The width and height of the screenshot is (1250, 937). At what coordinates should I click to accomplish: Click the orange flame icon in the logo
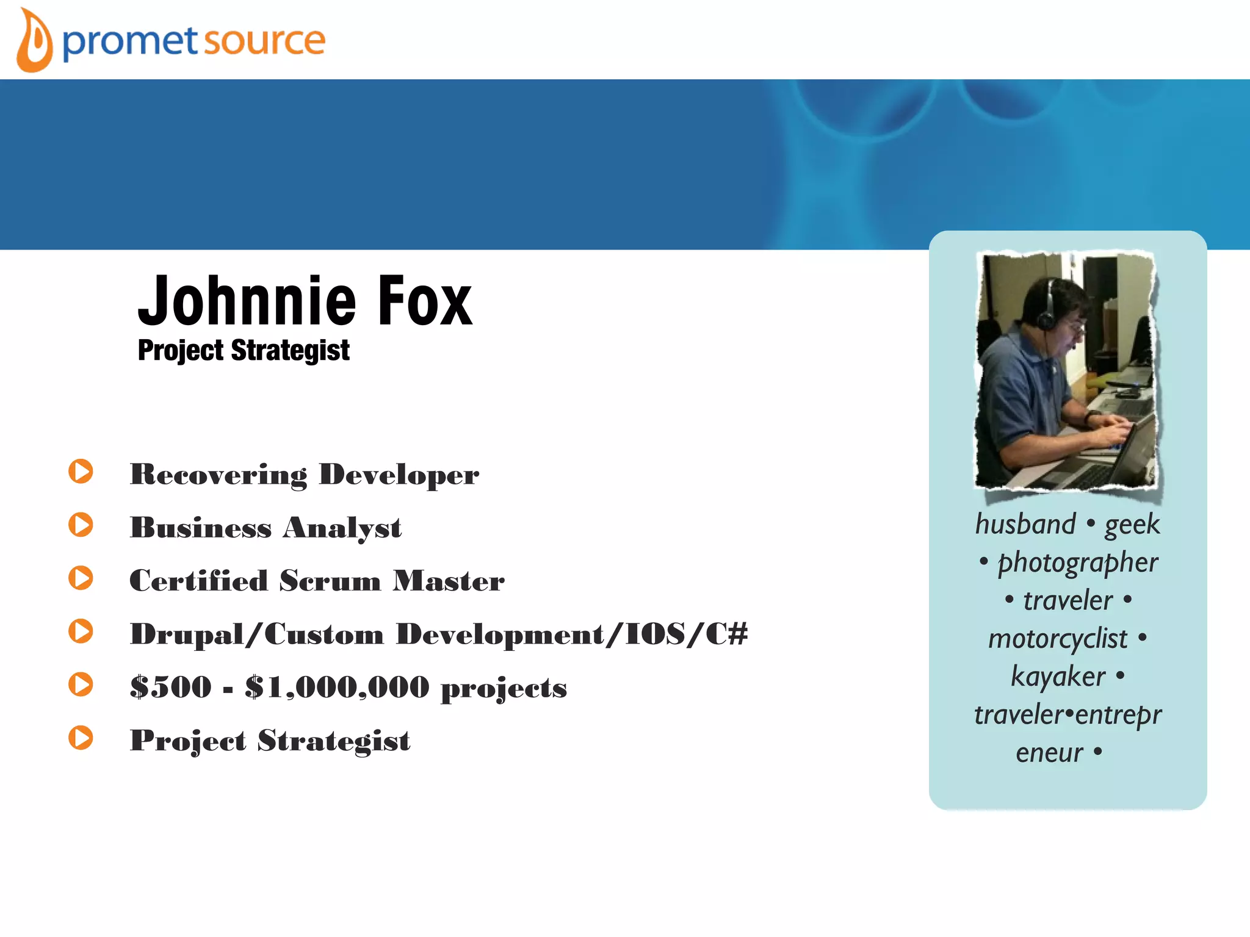[34, 41]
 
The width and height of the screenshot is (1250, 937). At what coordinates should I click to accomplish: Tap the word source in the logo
[264, 41]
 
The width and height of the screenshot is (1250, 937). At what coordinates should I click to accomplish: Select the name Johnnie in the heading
[247, 301]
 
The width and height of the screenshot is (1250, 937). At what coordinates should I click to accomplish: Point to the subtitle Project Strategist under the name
[244, 351]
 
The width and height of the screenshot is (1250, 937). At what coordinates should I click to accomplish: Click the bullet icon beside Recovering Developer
[81, 472]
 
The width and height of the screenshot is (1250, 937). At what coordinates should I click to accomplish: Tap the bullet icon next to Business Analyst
[81, 525]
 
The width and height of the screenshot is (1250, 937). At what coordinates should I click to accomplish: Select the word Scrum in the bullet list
[330, 581]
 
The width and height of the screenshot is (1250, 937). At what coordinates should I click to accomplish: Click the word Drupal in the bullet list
[187, 634]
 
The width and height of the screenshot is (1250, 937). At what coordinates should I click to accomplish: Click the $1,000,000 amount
[337, 687]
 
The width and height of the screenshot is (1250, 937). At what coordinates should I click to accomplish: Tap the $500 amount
[171, 687]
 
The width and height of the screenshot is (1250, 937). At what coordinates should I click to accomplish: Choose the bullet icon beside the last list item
[81, 738]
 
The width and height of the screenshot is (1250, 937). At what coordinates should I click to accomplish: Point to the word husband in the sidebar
[1025, 525]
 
